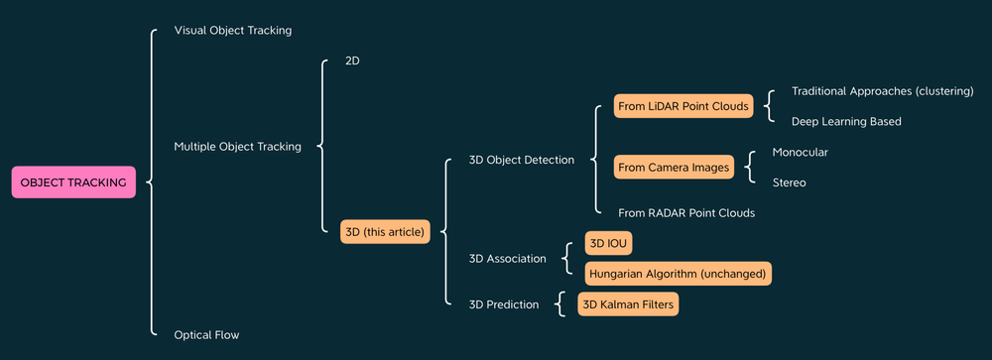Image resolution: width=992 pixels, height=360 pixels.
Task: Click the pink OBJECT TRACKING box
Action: coord(73,182)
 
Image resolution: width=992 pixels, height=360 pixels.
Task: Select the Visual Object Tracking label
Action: coord(233,31)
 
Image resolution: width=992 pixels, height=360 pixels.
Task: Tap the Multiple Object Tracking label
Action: coord(237,147)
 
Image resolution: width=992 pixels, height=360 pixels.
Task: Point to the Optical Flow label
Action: coord(206,335)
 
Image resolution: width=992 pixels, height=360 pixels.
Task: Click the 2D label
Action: coord(352,61)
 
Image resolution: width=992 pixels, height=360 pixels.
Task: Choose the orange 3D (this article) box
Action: coord(385,232)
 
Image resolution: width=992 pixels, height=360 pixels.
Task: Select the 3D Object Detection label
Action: coord(522,160)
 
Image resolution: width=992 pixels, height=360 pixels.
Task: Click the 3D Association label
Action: coord(508,259)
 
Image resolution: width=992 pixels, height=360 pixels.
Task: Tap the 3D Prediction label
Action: coord(504,304)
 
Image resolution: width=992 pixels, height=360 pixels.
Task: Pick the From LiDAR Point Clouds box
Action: coord(683,105)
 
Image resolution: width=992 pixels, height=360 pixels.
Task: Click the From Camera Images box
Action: coord(674,168)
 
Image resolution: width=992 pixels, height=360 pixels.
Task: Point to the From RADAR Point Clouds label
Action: coord(686,213)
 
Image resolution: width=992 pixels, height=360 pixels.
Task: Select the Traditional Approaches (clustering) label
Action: coord(883,91)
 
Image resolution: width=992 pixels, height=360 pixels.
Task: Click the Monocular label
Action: coord(800,153)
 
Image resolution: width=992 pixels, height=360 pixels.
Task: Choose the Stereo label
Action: coord(790,182)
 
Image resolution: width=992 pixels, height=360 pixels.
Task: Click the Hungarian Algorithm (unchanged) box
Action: coord(679,273)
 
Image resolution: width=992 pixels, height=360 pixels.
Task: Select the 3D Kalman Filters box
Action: coord(628,304)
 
